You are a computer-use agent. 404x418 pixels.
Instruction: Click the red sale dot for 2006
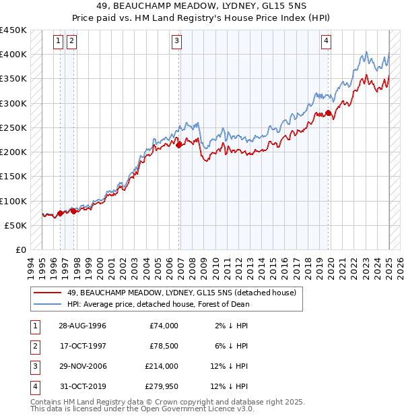pos(179,145)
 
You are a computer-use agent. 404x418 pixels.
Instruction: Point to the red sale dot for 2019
pos(328,113)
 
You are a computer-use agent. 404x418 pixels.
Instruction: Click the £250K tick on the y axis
pos(13,127)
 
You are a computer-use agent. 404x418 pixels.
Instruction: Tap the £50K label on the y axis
pos(16,225)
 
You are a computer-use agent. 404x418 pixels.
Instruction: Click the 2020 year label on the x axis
pos(331,266)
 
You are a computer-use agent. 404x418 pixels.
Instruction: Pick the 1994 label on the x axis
pos(31,266)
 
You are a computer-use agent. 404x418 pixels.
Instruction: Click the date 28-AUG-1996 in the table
pos(82,326)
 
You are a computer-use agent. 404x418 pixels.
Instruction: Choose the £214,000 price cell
pos(162,366)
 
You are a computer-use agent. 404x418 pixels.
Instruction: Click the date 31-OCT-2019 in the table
pos(82,386)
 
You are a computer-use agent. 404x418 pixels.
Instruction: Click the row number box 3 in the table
pos(34,366)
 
